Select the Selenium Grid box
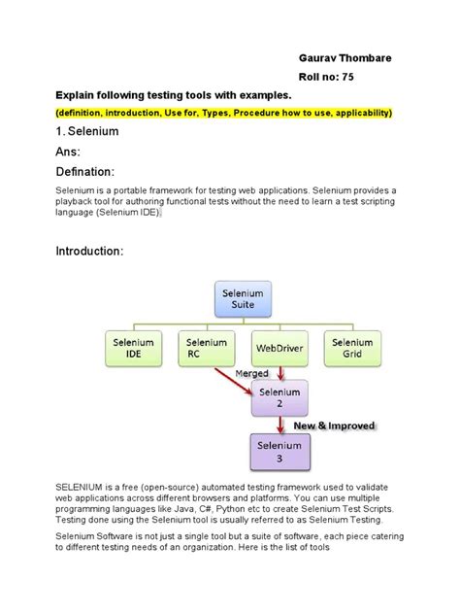pos(351,349)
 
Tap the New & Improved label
pos(333,426)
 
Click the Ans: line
pos(71,152)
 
